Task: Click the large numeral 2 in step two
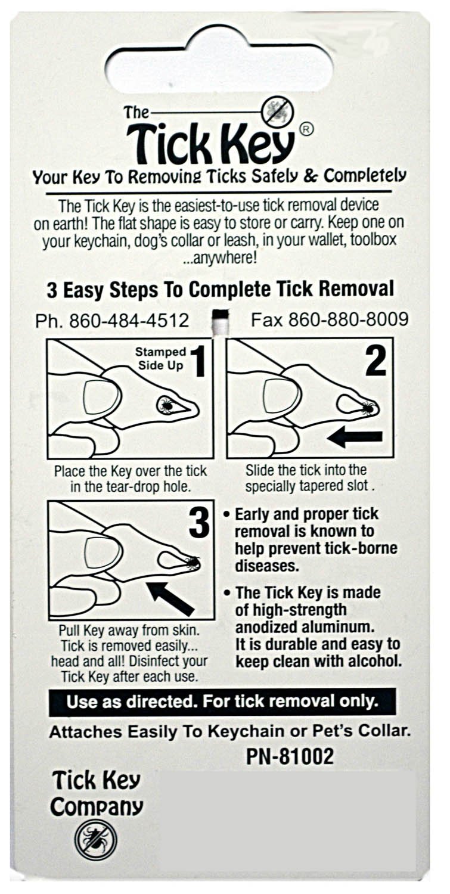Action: click(x=375, y=361)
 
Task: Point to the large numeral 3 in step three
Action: click(x=198, y=523)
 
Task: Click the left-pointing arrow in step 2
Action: click(x=355, y=437)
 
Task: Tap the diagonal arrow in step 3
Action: click(x=171, y=598)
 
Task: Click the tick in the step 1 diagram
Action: click(x=166, y=406)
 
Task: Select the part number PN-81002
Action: click(x=290, y=756)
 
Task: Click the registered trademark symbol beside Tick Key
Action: click(x=305, y=129)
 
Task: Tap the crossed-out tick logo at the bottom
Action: click(x=95, y=839)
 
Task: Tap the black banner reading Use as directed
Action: click(x=222, y=701)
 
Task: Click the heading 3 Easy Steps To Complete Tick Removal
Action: click(x=220, y=290)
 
